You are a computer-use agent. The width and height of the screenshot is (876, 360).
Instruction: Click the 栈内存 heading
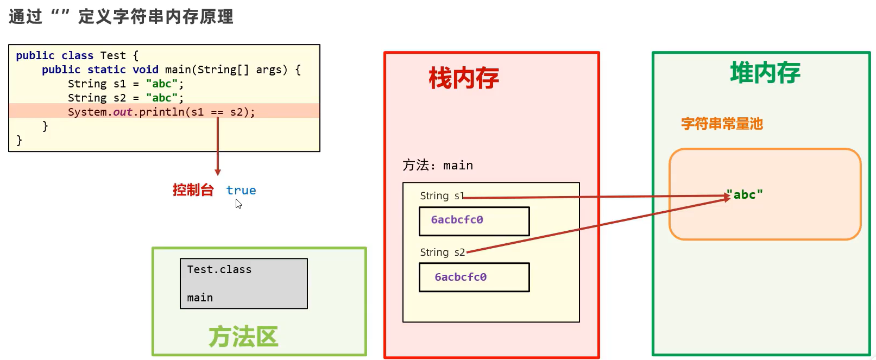click(463, 78)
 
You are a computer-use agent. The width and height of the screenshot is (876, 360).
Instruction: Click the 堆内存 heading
click(765, 73)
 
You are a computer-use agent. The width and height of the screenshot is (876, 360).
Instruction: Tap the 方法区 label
click(243, 337)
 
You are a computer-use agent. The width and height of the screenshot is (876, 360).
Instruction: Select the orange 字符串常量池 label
click(722, 124)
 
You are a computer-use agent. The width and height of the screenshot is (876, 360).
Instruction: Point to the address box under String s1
click(474, 220)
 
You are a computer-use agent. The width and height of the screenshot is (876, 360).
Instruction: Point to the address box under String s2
click(474, 277)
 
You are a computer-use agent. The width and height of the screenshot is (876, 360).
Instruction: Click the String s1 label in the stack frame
click(442, 196)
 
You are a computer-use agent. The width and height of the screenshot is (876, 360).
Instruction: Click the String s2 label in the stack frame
click(442, 252)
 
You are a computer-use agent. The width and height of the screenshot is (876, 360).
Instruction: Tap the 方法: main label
click(437, 165)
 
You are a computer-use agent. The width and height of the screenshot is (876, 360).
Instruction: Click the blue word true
click(241, 190)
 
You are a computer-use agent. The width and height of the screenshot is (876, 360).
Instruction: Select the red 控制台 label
click(193, 190)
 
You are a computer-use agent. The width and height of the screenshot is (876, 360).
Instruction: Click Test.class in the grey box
click(219, 269)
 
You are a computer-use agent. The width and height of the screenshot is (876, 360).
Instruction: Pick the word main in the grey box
click(200, 298)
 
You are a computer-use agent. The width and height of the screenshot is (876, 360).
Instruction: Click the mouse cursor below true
click(238, 204)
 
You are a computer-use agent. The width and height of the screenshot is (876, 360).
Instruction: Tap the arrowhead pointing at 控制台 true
click(218, 172)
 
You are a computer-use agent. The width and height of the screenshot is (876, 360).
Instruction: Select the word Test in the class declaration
click(113, 55)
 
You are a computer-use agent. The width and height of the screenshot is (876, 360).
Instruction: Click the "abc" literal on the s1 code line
click(162, 84)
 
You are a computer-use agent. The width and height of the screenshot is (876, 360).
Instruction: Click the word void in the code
click(146, 70)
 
